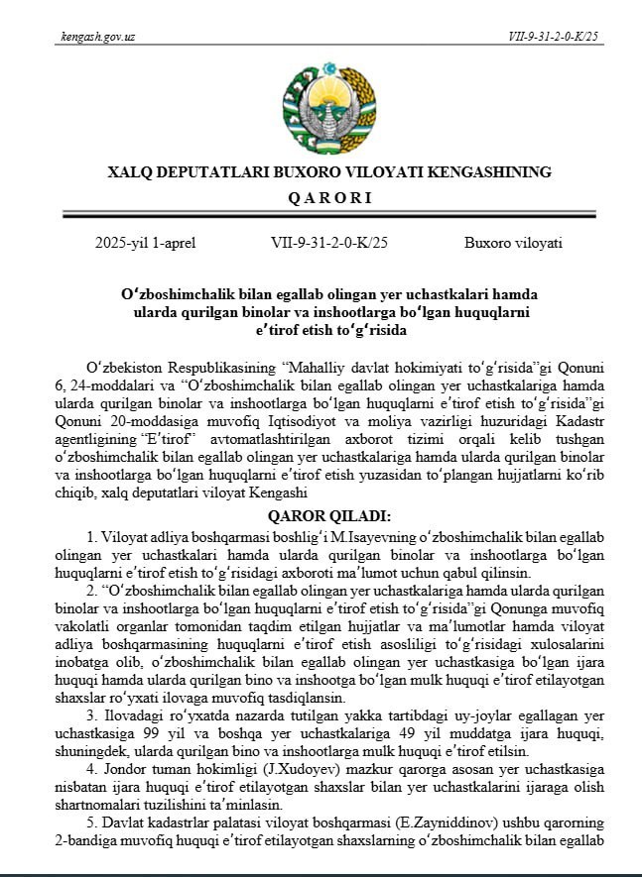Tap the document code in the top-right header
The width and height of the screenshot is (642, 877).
(x=554, y=37)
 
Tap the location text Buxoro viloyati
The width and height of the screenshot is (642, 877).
(x=513, y=243)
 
